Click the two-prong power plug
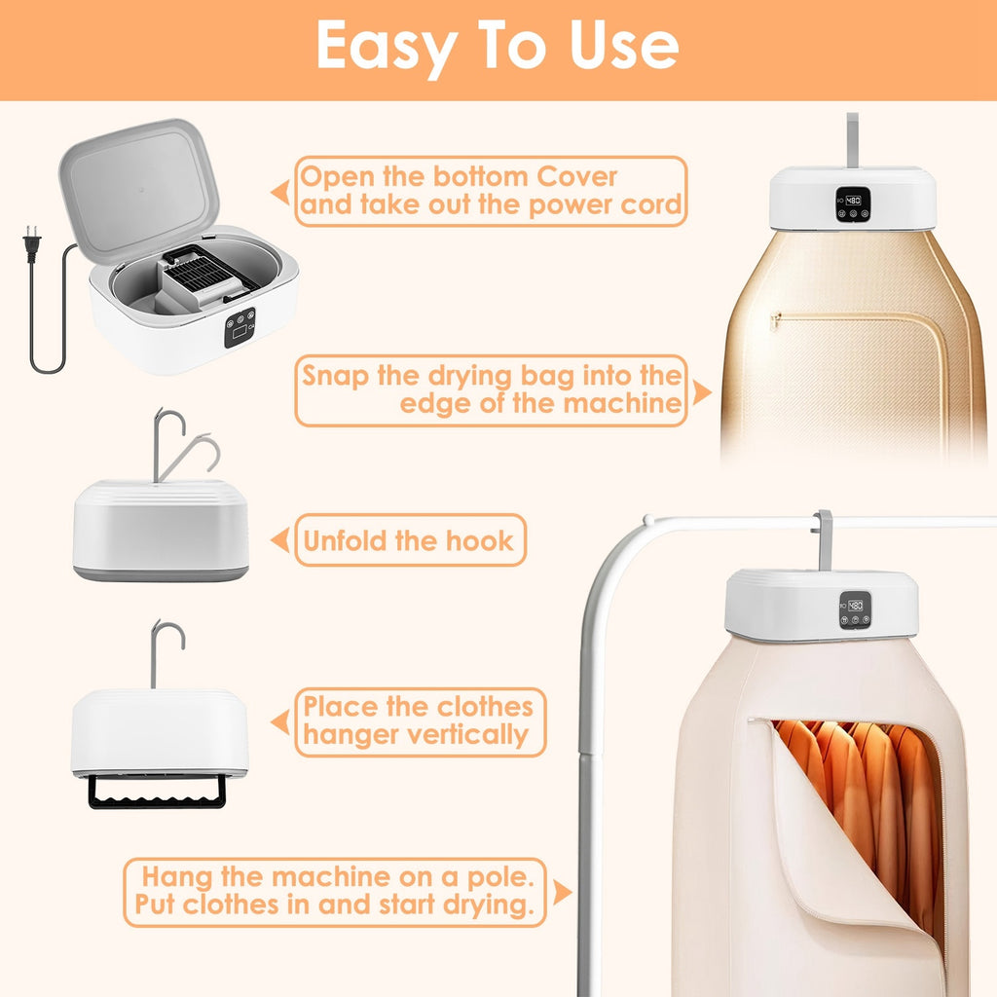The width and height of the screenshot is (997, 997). click(x=32, y=243)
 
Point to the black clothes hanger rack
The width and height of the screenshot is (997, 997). click(x=157, y=791)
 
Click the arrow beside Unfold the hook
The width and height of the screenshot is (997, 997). click(x=280, y=540)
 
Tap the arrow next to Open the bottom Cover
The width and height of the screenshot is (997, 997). click(x=280, y=192)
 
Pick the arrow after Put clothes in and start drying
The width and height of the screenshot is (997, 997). click(x=561, y=891)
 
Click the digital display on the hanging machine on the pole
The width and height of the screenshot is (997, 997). click(x=854, y=606)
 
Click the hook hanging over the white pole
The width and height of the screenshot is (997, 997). click(x=824, y=535)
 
